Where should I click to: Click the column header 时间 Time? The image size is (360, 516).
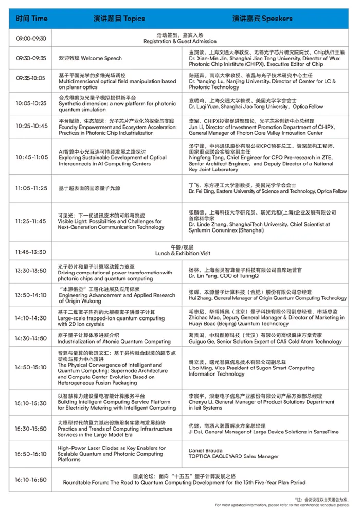point(31,19)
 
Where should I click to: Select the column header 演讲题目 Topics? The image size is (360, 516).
point(119,19)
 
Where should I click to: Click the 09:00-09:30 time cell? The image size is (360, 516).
point(31,39)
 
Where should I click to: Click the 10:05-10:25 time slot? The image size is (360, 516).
point(30,103)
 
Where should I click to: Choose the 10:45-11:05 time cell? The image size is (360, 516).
point(30,157)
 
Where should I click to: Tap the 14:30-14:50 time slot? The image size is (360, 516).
point(30,339)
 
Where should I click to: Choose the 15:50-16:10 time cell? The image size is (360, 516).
point(30,454)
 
